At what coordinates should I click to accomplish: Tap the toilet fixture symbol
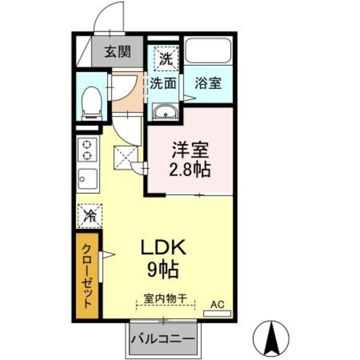tap(90, 102)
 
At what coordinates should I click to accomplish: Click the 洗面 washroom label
tap(163, 83)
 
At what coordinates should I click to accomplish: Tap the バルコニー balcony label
tap(163, 340)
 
